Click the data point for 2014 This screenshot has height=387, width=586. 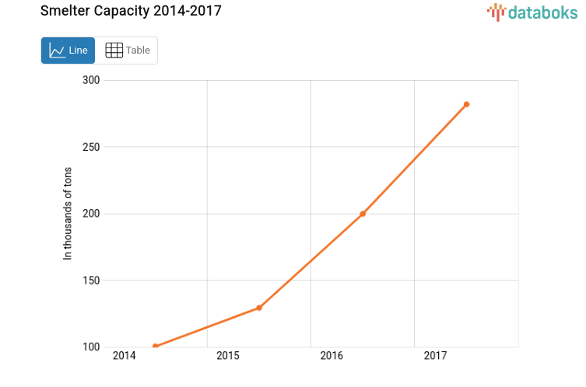(156, 346)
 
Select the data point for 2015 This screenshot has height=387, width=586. (259, 308)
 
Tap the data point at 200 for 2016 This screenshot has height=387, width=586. (363, 214)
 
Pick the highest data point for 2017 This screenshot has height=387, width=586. (466, 104)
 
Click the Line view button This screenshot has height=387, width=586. (68, 51)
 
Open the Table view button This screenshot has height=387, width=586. (127, 51)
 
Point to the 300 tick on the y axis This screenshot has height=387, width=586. (92, 80)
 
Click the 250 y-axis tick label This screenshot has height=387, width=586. (92, 147)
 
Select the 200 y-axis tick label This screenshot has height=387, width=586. (92, 214)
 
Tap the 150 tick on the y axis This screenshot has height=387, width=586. (92, 281)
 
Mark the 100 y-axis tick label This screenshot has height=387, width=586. (92, 347)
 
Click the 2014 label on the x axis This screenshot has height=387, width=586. (124, 356)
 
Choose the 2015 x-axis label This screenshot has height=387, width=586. (227, 356)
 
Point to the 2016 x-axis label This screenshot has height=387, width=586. (332, 356)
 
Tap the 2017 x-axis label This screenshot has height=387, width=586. (435, 356)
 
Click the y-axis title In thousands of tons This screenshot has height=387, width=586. (68, 214)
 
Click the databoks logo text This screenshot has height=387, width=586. (543, 12)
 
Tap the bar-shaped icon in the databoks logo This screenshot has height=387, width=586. (497, 12)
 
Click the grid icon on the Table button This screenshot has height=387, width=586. (114, 51)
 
